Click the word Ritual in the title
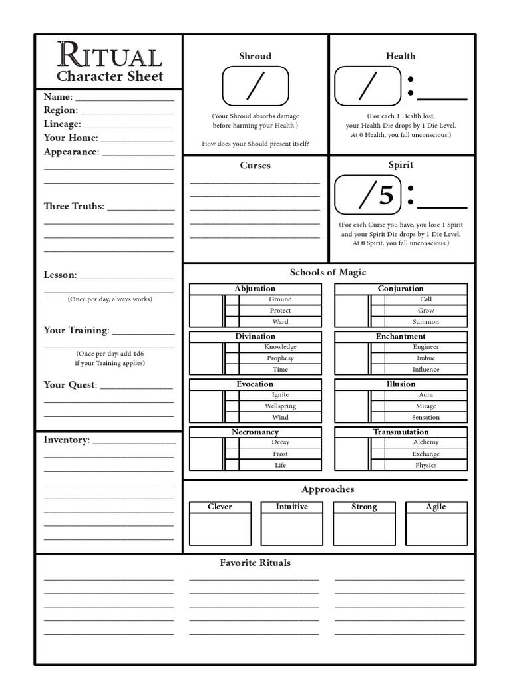point(109,55)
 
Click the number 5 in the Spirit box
point(386,195)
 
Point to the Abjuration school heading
point(255,289)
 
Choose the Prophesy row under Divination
point(280,358)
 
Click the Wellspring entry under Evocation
point(280,406)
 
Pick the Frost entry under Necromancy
point(280,454)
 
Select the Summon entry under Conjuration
point(426,322)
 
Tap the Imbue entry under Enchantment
point(426,358)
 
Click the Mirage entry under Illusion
point(426,406)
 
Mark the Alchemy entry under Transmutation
point(426,442)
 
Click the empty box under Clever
point(220,529)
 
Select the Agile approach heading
point(436,507)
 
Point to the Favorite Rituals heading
point(255,563)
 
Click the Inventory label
point(66,440)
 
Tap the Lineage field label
point(62,124)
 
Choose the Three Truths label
point(74,206)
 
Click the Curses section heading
point(255,165)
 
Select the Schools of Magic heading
point(327,272)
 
